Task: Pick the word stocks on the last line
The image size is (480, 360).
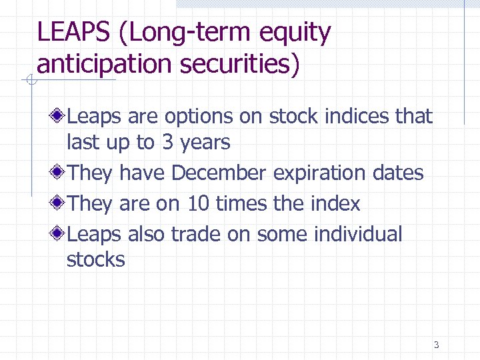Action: click(x=95, y=259)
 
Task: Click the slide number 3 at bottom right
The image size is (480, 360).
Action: click(x=436, y=345)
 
